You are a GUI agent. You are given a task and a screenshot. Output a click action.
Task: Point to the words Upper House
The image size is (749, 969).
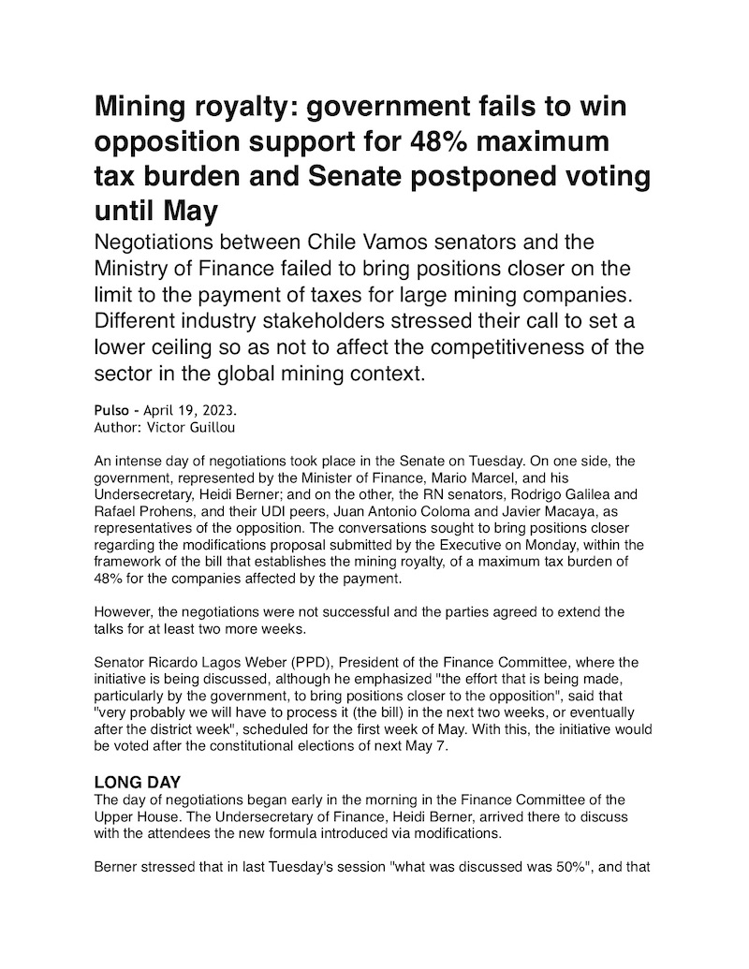(x=135, y=813)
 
